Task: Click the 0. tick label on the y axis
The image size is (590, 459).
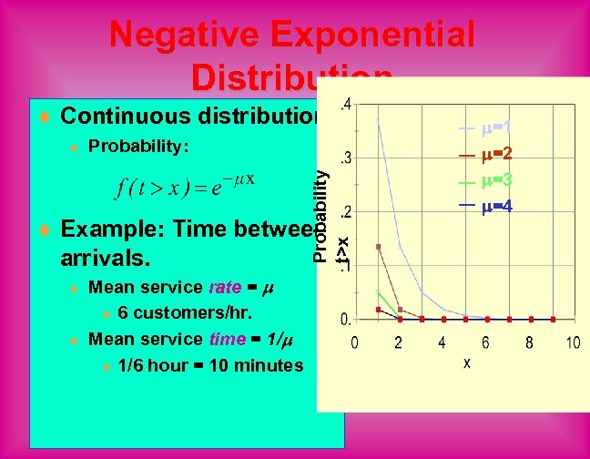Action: [346, 320]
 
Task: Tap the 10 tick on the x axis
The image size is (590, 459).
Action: [573, 342]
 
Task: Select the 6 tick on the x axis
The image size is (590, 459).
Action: [485, 342]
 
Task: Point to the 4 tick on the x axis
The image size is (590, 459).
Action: [442, 342]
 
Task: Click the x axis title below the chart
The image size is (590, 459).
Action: [467, 362]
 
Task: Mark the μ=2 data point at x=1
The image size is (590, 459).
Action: [378, 247]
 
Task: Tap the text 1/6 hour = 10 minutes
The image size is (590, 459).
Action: [210, 366]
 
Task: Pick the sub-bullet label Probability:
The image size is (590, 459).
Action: [138, 147]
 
